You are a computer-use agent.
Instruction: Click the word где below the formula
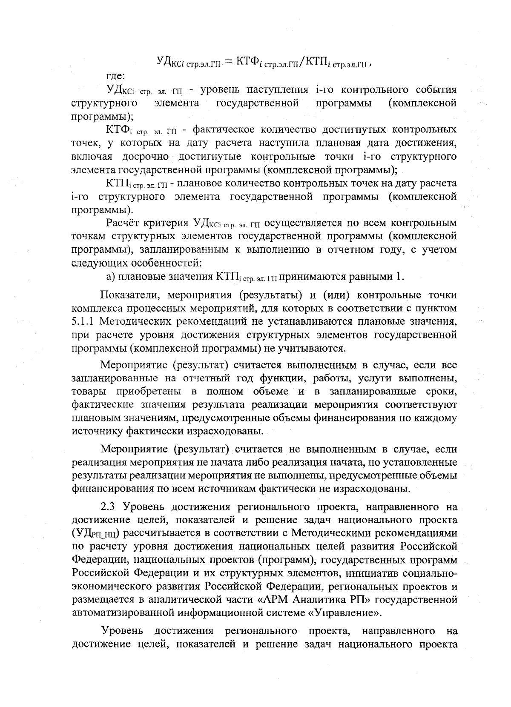pos(115,76)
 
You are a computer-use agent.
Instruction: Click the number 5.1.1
pos(83,320)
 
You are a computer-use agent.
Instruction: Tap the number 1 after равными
pos(398,277)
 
